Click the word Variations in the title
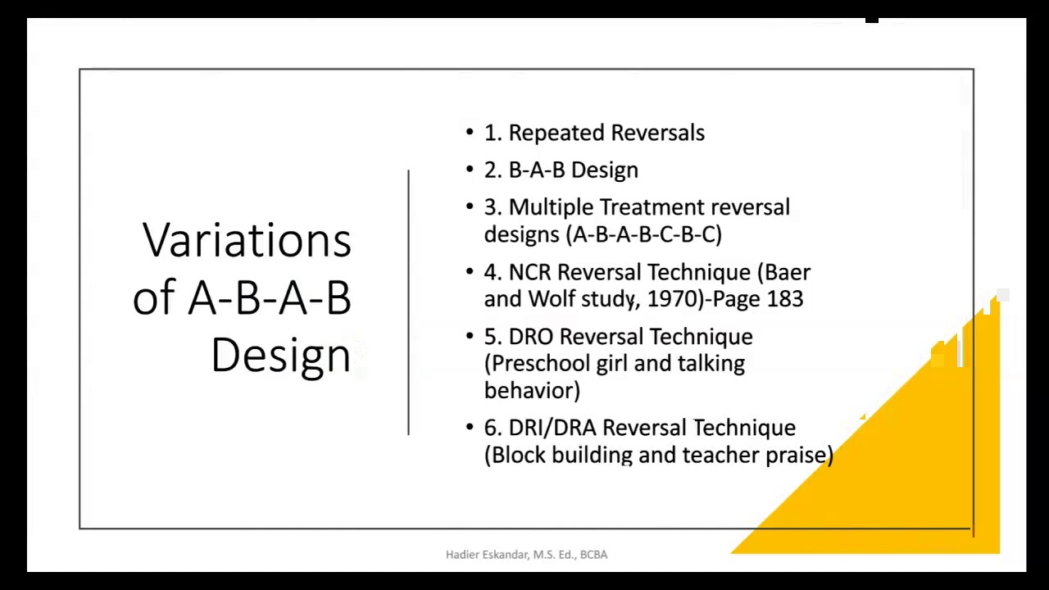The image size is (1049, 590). [247, 241]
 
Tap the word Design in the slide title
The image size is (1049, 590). [280, 356]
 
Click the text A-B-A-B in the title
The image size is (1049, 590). [270, 298]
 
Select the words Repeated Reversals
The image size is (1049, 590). [606, 133]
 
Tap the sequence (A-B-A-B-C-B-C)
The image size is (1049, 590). [644, 234]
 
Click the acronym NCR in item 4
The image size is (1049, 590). [529, 272]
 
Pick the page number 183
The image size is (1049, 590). [785, 299]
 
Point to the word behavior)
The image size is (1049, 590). [532, 391]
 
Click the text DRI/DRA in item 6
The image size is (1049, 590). [552, 428]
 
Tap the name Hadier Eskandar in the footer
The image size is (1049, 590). [487, 555]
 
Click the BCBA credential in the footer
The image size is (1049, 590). [593, 555]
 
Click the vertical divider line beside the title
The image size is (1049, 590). [408, 302]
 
